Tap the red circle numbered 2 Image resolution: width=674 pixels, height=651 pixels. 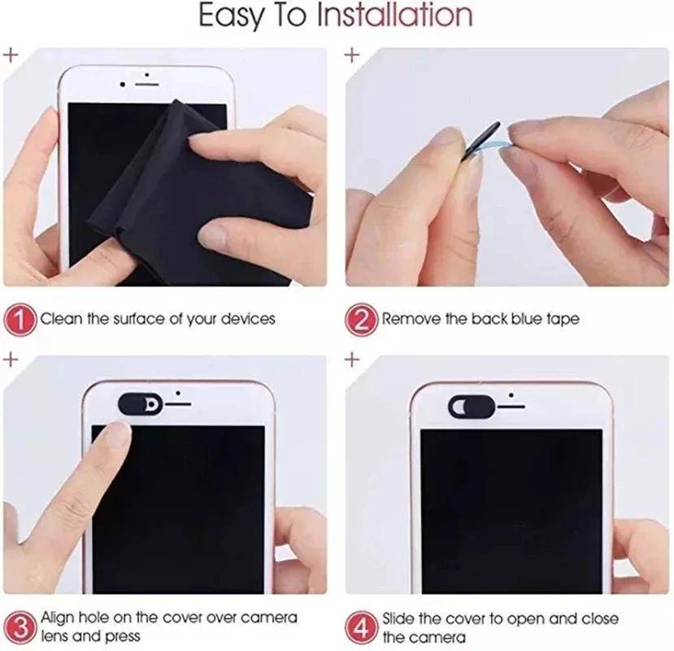(x=362, y=318)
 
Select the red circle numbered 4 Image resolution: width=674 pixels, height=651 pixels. (x=362, y=627)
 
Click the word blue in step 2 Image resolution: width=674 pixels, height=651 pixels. (x=528, y=319)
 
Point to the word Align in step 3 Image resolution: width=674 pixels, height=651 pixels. (x=59, y=618)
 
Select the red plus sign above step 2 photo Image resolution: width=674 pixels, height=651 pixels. (x=351, y=55)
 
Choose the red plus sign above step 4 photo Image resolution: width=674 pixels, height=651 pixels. (x=351, y=358)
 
